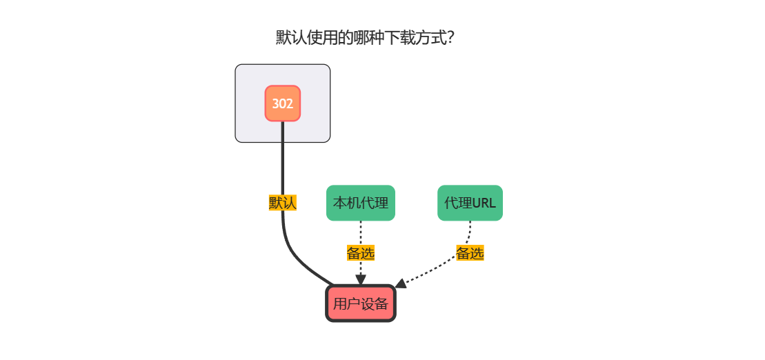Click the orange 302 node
click(283, 103)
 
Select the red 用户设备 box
click(360, 303)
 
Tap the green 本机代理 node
click(360, 203)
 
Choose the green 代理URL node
click(470, 203)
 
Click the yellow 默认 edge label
click(282, 203)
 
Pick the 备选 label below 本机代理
click(360, 253)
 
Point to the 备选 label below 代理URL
click(470, 253)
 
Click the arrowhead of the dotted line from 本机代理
click(360, 279)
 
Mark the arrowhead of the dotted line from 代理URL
click(401, 283)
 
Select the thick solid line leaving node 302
click(283, 159)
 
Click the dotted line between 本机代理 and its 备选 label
click(360, 232)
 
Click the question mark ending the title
click(450, 37)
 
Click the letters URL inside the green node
click(484, 203)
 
